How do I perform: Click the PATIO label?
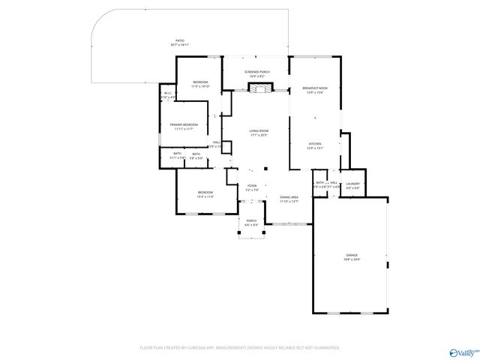180,40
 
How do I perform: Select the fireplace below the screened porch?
259,88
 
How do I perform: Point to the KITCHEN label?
315,143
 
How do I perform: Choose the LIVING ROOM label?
259,131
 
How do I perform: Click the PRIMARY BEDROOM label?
184,124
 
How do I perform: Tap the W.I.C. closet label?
168,93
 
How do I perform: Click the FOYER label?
252,185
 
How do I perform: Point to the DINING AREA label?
289,196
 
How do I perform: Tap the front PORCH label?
251,220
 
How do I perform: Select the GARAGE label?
351,254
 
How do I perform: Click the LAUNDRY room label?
352,183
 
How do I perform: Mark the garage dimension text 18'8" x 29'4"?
351,259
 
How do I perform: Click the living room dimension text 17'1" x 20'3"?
259,136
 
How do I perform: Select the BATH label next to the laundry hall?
319,182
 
